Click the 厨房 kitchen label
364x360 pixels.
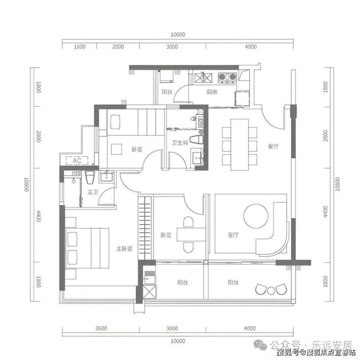point(212,92)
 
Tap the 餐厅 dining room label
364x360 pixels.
point(273,147)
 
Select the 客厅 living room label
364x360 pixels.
point(233,235)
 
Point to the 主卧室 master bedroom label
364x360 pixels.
point(124,249)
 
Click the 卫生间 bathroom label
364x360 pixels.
point(180,143)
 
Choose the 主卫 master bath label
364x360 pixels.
point(93,192)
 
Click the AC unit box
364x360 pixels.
point(77,161)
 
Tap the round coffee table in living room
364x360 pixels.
point(256,216)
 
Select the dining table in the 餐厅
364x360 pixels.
point(240,145)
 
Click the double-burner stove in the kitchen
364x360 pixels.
point(227,77)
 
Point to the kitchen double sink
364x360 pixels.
point(203,78)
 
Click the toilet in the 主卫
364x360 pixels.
point(90,178)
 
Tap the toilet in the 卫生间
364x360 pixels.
point(196,140)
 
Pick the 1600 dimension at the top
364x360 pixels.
point(80,47)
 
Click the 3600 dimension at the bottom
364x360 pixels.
point(101,328)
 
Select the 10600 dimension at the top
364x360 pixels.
point(178,34)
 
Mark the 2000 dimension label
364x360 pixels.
point(118,47)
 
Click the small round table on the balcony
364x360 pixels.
point(271,291)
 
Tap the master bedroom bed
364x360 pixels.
point(87,248)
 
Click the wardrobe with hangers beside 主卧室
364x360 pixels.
point(145,228)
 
